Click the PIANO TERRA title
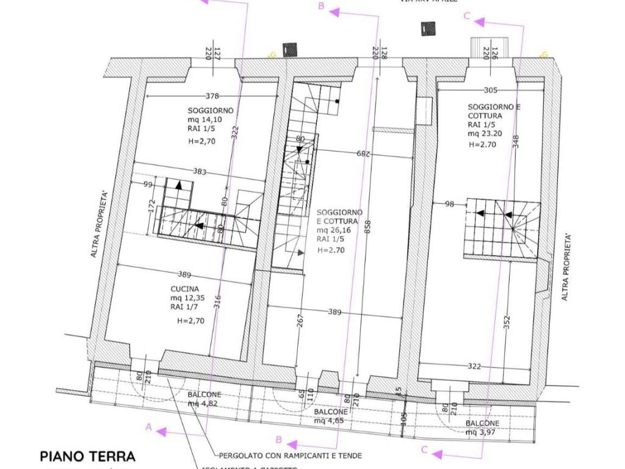pos(87,456)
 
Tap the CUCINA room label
pos(184,289)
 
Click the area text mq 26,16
pos(333,231)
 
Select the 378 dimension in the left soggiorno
pos(212,95)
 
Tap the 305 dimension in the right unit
pos(490,90)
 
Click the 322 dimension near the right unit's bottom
pos(475,366)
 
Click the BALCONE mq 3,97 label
pos(482,427)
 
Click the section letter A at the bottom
pos(148,427)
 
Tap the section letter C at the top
pos(467,16)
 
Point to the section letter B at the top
pos(320,7)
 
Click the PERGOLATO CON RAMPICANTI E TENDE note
pos(291,456)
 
